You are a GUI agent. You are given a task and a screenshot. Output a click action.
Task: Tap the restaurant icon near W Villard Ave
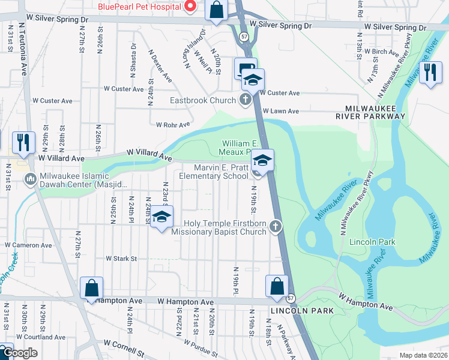[x=23, y=142]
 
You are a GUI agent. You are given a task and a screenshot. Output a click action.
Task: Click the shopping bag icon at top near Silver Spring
[x=217, y=10]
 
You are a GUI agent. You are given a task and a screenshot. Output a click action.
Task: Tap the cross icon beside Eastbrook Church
[x=245, y=100]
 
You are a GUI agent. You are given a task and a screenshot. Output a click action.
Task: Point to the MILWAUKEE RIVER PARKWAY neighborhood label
[x=370, y=115]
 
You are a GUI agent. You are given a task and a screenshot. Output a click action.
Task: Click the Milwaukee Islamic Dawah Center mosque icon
[x=30, y=178]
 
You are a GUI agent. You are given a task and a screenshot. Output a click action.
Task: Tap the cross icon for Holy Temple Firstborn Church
[x=275, y=226]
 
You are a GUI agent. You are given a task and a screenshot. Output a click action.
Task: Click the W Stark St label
[x=122, y=259]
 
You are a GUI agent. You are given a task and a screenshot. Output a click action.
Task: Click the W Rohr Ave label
[x=172, y=125]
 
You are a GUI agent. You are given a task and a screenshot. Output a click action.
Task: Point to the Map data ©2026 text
[x=423, y=355]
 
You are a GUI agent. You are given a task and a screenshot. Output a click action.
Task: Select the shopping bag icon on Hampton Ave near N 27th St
[x=91, y=288]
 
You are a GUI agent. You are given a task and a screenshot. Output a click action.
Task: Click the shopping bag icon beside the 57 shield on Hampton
[x=277, y=287]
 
